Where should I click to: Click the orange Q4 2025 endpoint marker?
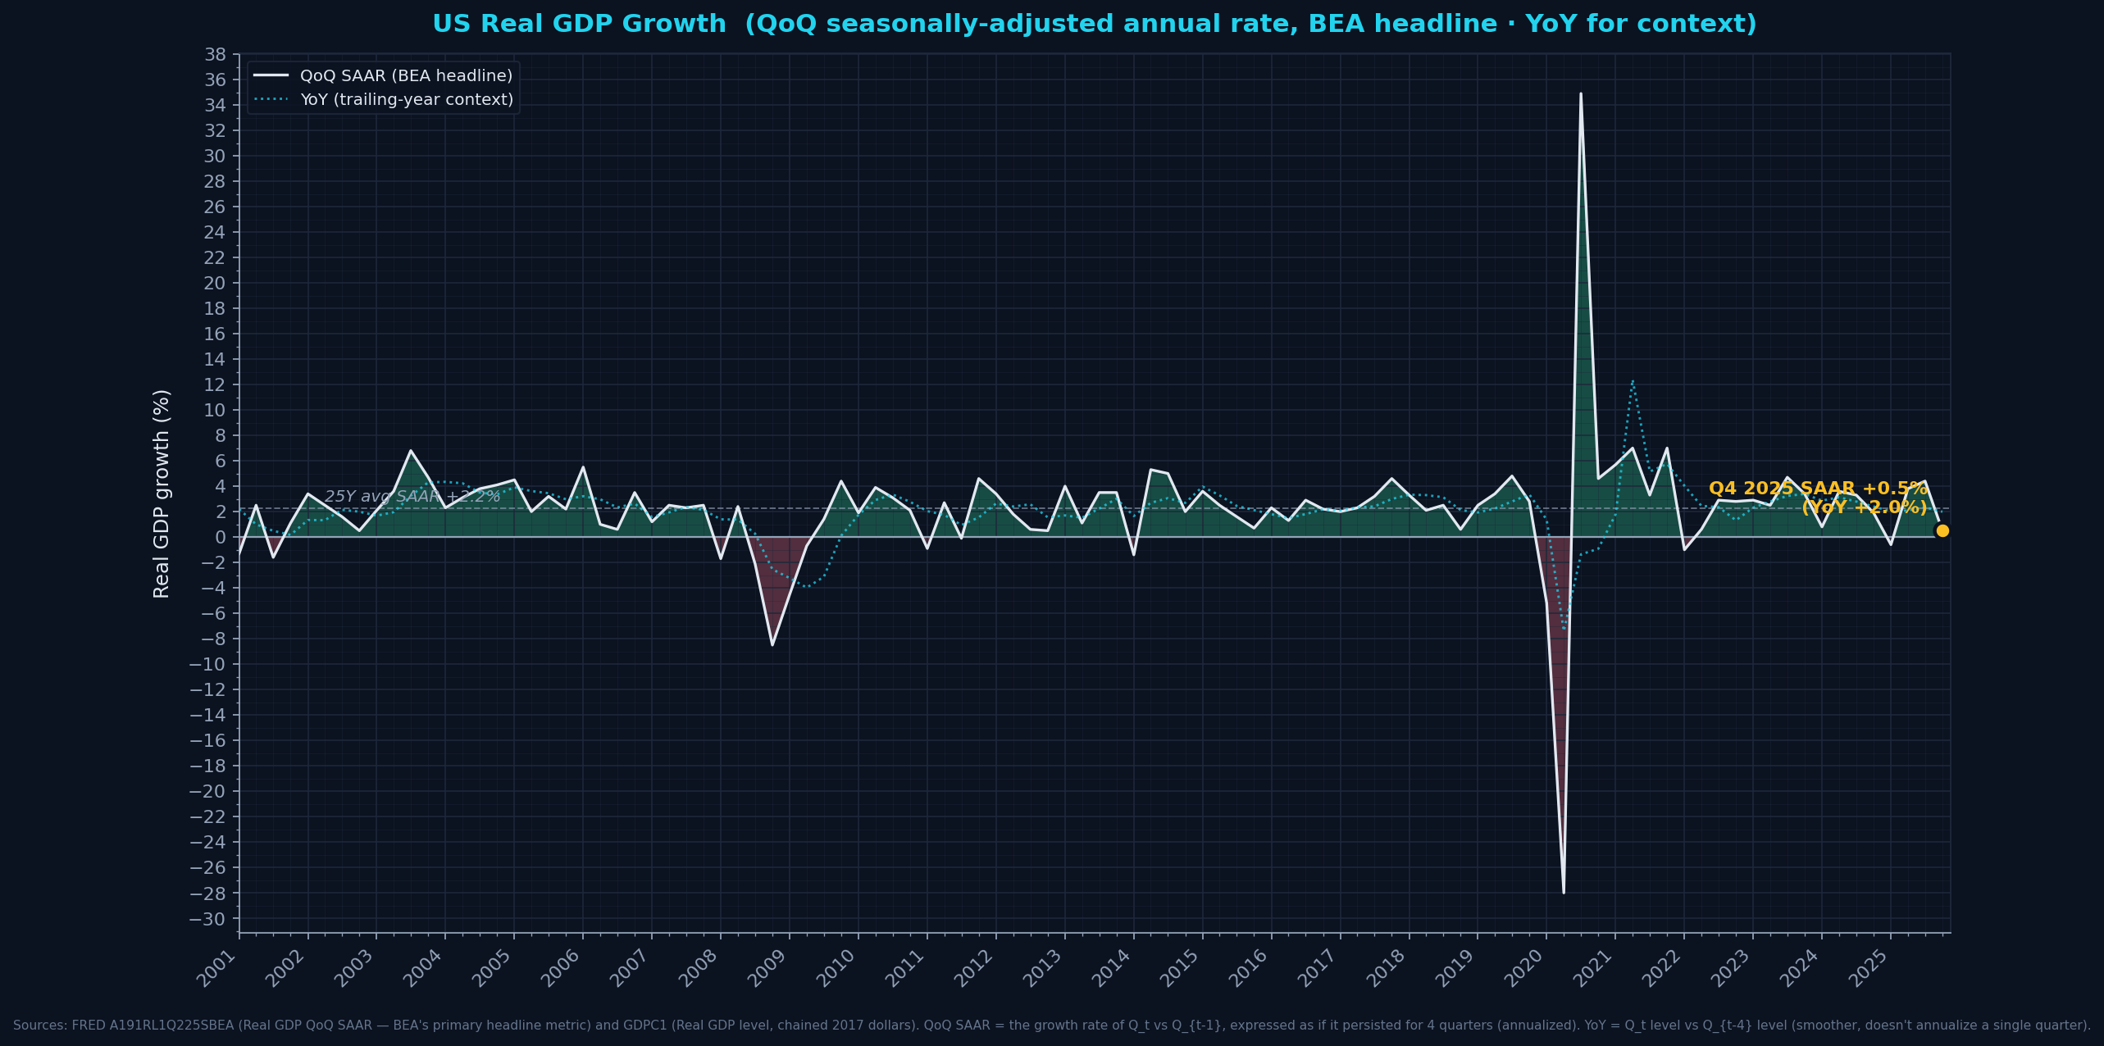coord(1942,530)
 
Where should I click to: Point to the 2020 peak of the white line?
coord(1580,93)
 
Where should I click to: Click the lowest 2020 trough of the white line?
coord(1564,892)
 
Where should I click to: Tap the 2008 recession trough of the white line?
coord(772,644)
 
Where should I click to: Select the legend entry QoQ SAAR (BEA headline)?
coord(406,75)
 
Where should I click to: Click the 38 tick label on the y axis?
coord(215,54)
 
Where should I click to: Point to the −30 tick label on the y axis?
coord(207,918)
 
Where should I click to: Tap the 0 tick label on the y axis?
coord(220,537)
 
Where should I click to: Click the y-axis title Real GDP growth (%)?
coord(162,493)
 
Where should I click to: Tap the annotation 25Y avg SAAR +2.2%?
coord(412,496)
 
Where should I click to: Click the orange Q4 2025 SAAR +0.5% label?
coord(1818,489)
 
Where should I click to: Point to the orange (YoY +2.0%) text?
coord(1864,507)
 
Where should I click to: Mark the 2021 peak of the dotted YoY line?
coord(1633,380)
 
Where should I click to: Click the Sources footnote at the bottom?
coord(1052,1025)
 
